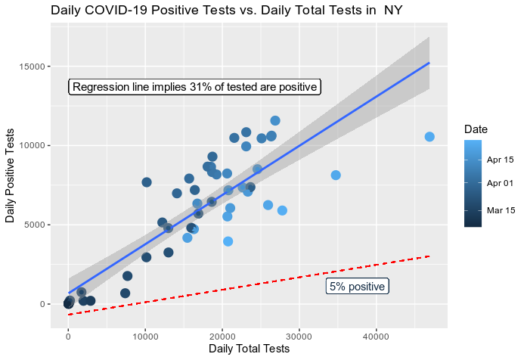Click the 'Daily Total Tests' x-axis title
click(x=249, y=349)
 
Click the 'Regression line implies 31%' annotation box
click(x=194, y=87)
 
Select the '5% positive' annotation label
click(x=357, y=287)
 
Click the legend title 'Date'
click(x=476, y=129)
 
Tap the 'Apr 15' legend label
click(x=501, y=160)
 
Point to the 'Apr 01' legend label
click(x=501, y=183)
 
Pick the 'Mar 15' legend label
click(x=501, y=209)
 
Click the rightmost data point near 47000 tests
click(x=429, y=137)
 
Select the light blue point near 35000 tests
click(x=336, y=175)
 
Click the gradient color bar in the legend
click(x=473, y=185)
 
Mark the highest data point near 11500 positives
click(x=275, y=121)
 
